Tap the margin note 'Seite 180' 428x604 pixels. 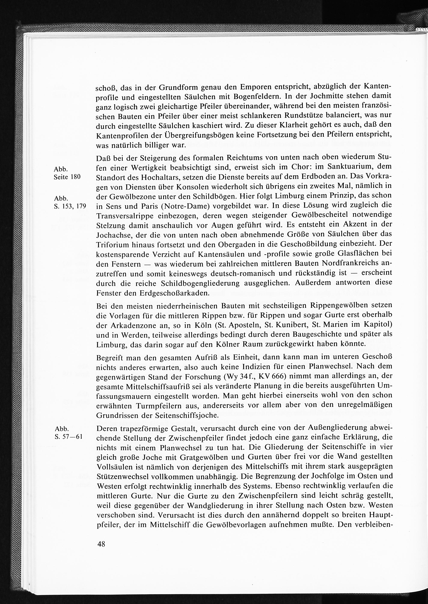click(67, 177)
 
